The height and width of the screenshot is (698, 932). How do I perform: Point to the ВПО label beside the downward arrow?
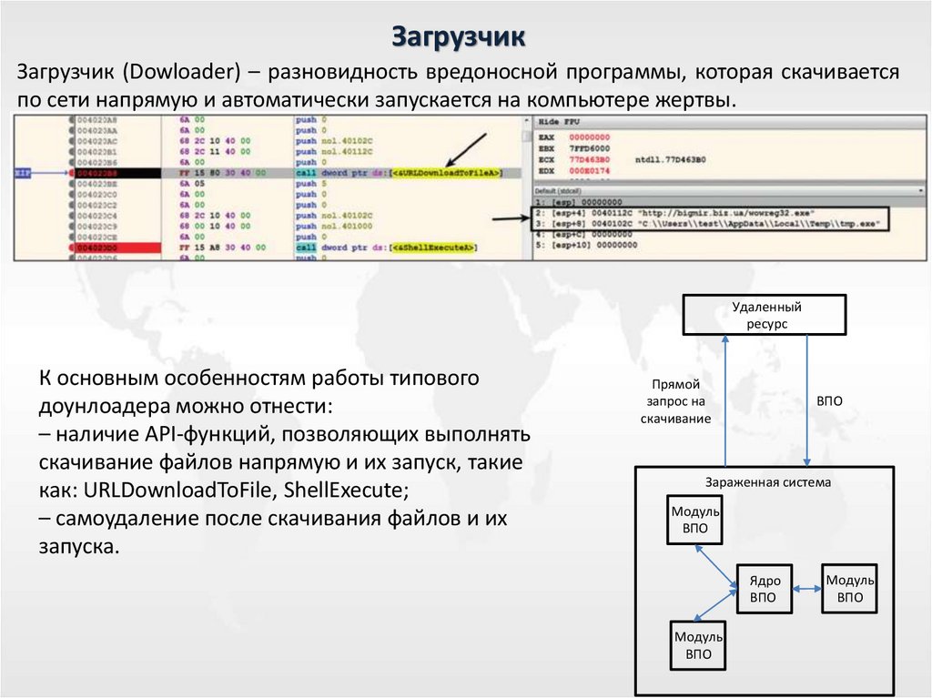pos(829,400)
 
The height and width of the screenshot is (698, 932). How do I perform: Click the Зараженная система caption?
pos(768,482)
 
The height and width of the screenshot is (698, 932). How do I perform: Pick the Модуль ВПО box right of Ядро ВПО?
pos(849,589)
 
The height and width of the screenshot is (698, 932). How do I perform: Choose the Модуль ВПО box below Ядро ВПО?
pos(697,644)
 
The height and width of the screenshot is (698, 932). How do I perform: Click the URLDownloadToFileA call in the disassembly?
pos(444,173)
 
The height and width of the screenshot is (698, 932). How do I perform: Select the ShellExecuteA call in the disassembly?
pos(435,248)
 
